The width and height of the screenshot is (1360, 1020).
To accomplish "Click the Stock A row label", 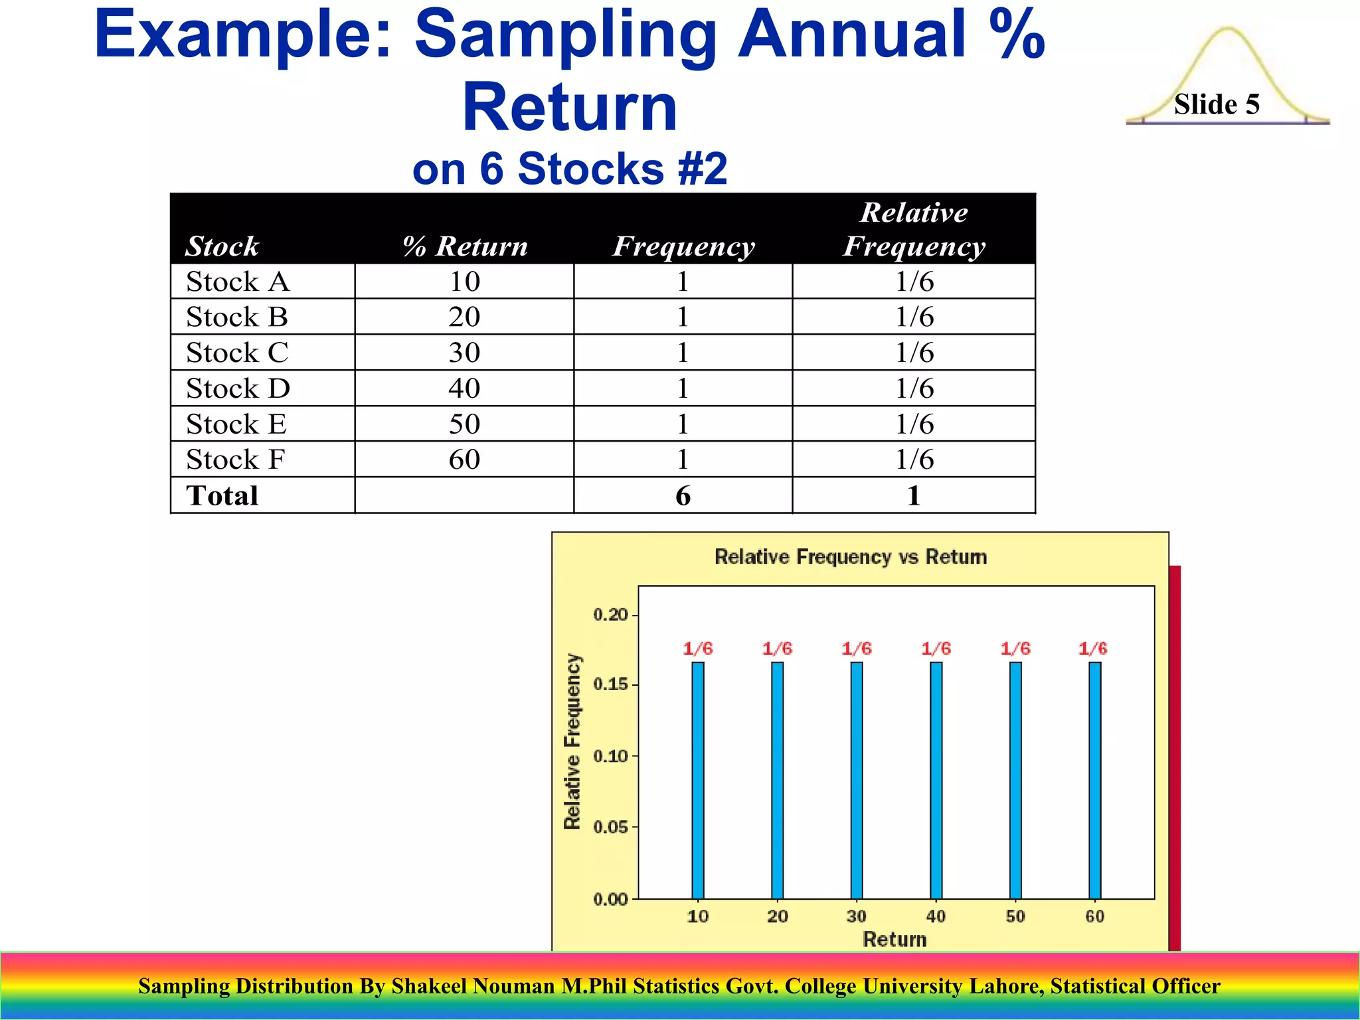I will (x=238, y=282).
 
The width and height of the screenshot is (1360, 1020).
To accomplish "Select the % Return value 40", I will (x=464, y=388).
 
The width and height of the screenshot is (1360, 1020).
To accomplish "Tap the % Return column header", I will (x=465, y=246).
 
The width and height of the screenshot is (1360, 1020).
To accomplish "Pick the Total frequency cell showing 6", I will (x=683, y=495).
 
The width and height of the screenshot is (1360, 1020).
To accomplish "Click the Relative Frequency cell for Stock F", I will (x=914, y=460).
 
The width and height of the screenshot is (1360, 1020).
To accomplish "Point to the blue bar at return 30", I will (x=857, y=780).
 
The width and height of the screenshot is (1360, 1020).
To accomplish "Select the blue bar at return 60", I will (x=1094, y=780).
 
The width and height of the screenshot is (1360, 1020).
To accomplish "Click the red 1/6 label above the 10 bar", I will (x=698, y=649).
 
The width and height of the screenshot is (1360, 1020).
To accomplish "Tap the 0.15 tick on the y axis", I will (x=610, y=685).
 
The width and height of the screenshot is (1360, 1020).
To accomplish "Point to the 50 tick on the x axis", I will (x=1015, y=916).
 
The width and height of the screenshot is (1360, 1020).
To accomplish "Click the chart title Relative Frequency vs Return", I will (x=850, y=556).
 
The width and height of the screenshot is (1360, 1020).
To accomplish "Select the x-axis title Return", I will (x=894, y=939).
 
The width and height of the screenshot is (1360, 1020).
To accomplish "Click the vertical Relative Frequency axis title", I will (x=572, y=741).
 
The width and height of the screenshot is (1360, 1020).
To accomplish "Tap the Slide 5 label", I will (x=1217, y=104).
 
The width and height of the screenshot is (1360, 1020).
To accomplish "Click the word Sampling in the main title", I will (x=564, y=35).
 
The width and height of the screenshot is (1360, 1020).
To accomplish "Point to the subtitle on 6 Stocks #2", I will (x=570, y=169).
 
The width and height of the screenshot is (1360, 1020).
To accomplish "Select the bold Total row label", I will (x=222, y=495).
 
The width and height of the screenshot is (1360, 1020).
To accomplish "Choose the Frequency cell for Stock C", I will (x=683, y=353).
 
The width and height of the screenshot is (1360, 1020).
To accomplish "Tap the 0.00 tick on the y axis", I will (x=610, y=899).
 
